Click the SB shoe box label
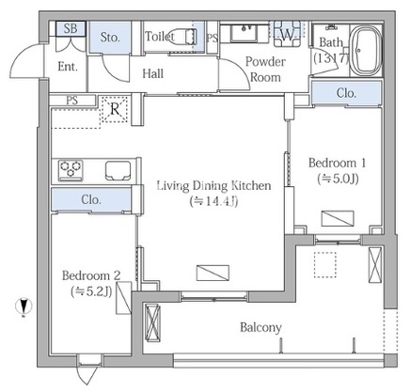(71, 28)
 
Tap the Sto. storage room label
(110, 38)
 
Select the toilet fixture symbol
(183, 36)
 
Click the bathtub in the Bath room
(366, 50)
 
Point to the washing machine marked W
(287, 34)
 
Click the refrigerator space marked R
(115, 109)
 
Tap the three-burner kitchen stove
(71, 170)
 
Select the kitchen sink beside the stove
(118, 171)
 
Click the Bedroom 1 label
(338, 163)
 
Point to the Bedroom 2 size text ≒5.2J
(91, 291)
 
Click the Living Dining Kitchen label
(213, 185)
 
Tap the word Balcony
(260, 328)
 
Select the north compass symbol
(24, 306)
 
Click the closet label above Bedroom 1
(346, 93)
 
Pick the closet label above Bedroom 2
(91, 199)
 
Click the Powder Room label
(265, 70)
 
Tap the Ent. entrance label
(68, 67)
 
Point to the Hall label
(153, 73)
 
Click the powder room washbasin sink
(244, 33)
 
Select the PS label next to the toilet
(213, 38)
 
